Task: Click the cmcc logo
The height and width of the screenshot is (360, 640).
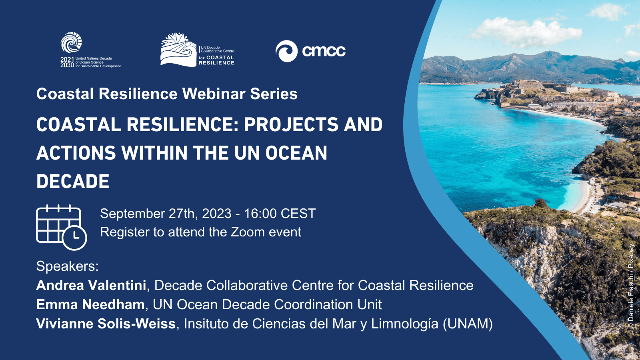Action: pos(310,51)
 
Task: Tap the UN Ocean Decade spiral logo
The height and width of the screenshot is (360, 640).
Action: pos(71,42)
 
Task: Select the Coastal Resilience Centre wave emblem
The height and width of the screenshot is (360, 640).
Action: pos(178,50)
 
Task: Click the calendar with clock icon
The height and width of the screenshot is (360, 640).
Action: pos(62,228)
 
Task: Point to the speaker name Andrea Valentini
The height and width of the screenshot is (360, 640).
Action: pos(91,285)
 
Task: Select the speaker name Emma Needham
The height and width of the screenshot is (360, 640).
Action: pos(90,304)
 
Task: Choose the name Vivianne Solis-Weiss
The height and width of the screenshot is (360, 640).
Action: pos(106,324)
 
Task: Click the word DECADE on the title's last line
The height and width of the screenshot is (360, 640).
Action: pos(73,181)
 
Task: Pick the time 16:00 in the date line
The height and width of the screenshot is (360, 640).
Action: pos(260,214)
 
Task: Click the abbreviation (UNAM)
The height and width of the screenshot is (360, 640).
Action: pos(468,324)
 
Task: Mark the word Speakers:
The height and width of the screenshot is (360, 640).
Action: pos(68,266)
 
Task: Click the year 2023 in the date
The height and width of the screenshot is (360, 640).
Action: pos(216,214)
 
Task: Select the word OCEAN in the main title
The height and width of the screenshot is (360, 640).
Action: pos(296,153)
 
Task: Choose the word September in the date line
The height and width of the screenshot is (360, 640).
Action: pos(132,214)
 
